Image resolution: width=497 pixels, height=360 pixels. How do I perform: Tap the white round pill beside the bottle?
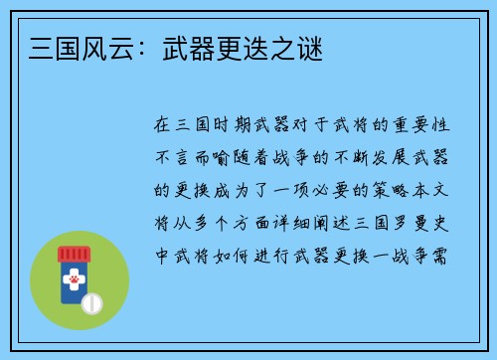click(x=91, y=301)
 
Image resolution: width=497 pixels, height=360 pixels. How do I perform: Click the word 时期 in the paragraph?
click(x=235, y=125)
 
